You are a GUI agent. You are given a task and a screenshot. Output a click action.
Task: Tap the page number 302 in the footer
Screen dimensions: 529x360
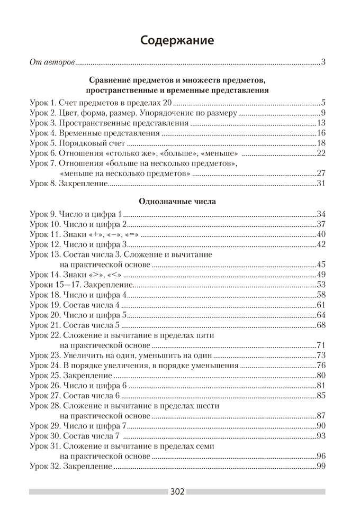177,491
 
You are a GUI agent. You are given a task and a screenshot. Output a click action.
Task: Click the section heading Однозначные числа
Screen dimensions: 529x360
177,201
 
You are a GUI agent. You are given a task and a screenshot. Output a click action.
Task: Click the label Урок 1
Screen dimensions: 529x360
44,103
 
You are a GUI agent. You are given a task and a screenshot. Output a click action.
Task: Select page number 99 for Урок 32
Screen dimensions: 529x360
320,466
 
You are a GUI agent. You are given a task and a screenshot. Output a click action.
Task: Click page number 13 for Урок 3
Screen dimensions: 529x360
320,123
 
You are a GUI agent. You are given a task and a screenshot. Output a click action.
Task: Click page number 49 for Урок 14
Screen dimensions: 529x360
320,275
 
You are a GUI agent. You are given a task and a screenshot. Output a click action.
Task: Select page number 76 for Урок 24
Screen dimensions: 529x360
320,366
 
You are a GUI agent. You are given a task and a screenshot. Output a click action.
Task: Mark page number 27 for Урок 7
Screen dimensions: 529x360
320,174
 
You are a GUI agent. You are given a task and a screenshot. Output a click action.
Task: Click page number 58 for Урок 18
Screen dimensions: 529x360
320,295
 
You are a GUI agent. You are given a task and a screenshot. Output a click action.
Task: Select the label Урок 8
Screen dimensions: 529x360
44,184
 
